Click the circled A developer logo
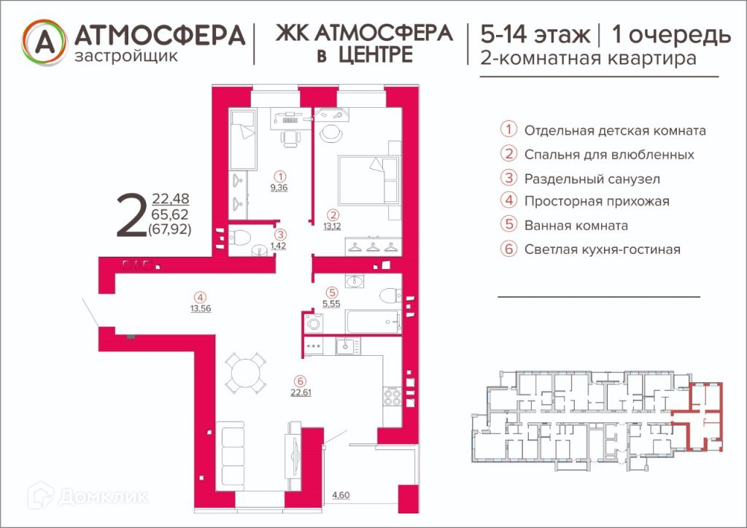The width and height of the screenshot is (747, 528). coord(44,42)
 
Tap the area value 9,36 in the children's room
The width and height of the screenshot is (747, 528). coord(279,187)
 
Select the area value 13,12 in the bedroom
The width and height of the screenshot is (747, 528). coord(332,226)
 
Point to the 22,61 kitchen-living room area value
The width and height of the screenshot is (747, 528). coord(301,393)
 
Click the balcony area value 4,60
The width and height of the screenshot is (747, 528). coord(341,495)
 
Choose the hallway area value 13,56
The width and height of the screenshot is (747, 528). coord(201,308)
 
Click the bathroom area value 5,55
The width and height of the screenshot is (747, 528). coord(331,304)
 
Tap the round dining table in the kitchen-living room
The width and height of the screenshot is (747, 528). coord(245,373)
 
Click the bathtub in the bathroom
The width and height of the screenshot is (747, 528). coord(373,322)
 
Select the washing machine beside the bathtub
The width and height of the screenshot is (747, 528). coord(313,323)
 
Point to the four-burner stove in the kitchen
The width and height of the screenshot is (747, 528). coord(392,397)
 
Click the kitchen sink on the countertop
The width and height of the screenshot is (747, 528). coord(347,346)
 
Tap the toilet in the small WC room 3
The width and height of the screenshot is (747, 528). coord(239,237)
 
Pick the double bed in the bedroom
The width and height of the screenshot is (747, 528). coord(368,180)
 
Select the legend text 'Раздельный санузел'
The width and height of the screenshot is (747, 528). coord(592,179)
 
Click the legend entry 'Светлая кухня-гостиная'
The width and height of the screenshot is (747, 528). coord(602,249)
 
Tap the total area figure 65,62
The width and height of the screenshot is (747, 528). coord(170,214)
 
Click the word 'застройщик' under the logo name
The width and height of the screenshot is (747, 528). coord(126,56)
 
